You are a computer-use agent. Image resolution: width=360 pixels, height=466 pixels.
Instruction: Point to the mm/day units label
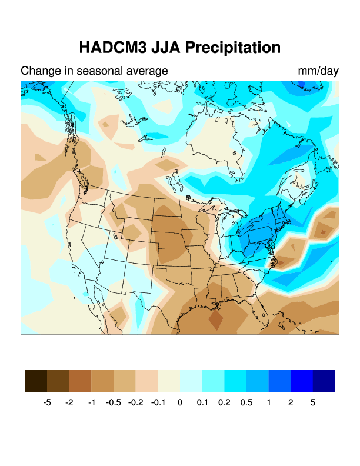pyautogui.click(x=318, y=71)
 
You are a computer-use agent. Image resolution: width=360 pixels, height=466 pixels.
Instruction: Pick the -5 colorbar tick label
pyautogui.click(x=47, y=403)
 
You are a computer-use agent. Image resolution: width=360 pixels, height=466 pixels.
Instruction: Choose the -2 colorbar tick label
pyautogui.click(x=69, y=403)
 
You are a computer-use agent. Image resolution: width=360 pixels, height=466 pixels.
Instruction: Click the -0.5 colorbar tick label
pyautogui.click(x=114, y=403)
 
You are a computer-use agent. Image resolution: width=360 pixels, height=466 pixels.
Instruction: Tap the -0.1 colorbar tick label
pyautogui.click(x=158, y=403)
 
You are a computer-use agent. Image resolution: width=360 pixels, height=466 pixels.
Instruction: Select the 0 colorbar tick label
pyautogui.click(x=180, y=403)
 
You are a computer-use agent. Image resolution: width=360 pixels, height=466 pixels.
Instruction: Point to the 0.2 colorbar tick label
pyautogui.click(x=224, y=403)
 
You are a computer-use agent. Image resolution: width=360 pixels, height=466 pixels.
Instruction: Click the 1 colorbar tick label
pyautogui.click(x=269, y=403)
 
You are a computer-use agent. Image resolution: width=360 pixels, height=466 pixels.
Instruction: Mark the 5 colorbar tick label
pyautogui.click(x=313, y=403)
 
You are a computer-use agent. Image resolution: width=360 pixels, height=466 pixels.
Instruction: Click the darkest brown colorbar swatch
pyautogui.click(x=36, y=381)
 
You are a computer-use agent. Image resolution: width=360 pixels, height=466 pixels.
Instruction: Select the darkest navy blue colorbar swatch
pyautogui.click(x=324, y=381)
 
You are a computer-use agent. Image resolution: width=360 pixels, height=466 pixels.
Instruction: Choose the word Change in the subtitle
pyautogui.click(x=39, y=71)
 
